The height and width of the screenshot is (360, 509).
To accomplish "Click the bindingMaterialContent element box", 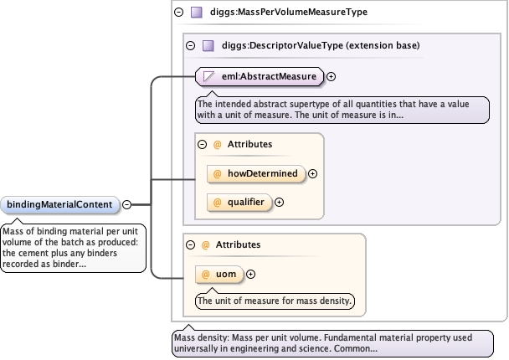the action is click(x=60, y=205).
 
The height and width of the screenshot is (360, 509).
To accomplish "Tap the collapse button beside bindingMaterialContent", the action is click(x=127, y=204).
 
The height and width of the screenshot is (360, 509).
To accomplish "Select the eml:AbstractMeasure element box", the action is click(x=260, y=77).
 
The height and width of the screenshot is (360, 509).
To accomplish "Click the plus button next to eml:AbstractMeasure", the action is click(x=332, y=77).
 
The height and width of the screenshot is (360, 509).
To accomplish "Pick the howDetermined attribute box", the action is click(x=256, y=173).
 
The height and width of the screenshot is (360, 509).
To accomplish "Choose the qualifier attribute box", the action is click(x=239, y=203).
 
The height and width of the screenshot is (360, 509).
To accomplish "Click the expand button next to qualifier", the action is click(x=279, y=203).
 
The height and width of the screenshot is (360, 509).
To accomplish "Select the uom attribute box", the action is click(x=219, y=275).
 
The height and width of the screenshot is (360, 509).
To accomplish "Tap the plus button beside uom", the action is click(x=250, y=275).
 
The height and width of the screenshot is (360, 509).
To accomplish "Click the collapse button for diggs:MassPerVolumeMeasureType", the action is click(x=179, y=13).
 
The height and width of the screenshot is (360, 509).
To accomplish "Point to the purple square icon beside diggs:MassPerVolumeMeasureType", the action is click(x=197, y=13).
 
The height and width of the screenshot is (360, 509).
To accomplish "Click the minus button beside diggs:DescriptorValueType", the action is click(x=191, y=45).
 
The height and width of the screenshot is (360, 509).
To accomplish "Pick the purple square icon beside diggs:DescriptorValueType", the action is click(x=208, y=45).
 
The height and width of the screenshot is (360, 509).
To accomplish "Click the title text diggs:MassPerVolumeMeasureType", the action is click(x=289, y=12).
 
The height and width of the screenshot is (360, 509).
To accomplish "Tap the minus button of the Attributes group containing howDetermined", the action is click(x=203, y=145).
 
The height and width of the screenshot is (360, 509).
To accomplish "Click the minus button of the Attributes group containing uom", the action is click(x=191, y=244).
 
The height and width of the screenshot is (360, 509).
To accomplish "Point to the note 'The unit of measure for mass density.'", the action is click(x=275, y=301).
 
